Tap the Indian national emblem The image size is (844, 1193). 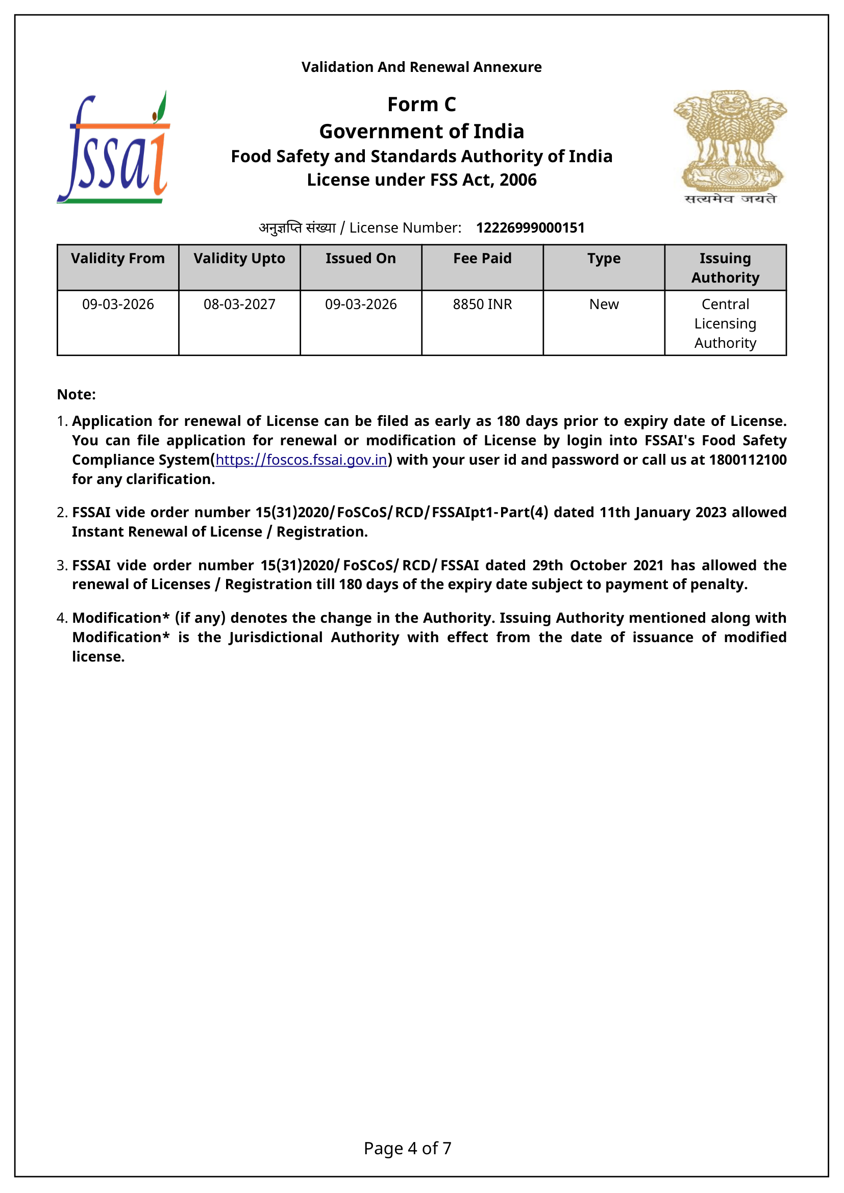click(x=730, y=147)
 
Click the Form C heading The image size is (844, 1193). click(x=421, y=105)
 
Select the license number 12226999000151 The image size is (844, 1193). click(x=530, y=227)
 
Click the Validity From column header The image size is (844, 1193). click(x=118, y=258)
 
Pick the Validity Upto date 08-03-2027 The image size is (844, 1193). click(x=240, y=304)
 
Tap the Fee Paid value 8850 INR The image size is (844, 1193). click(x=482, y=304)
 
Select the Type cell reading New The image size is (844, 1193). click(x=604, y=304)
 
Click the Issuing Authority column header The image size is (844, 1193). click(x=725, y=268)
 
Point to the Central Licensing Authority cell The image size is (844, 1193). click(x=725, y=323)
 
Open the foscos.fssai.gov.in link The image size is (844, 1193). click(x=302, y=460)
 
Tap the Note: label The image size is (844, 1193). click(x=77, y=394)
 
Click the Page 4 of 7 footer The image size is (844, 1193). click(x=407, y=1148)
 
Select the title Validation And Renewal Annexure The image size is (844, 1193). click(x=421, y=67)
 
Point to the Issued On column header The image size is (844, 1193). click(x=361, y=258)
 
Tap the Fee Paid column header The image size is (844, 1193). click(x=482, y=258)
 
